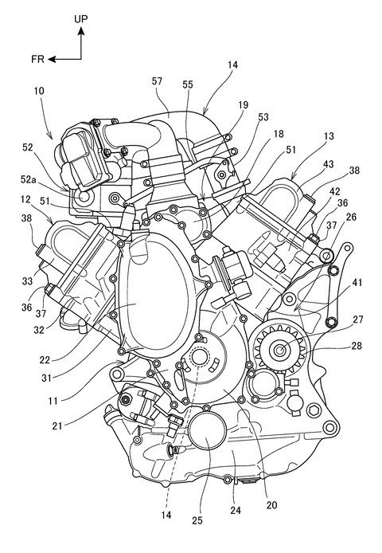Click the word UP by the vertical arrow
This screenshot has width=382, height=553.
(81, 19)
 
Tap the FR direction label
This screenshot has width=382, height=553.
(37, 59)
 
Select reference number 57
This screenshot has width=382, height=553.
(157, 81)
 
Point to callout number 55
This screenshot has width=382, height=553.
(188, 84)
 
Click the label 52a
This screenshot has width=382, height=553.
(28, 179)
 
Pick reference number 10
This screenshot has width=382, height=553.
(39, 91)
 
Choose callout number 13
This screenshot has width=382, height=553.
(329, 136)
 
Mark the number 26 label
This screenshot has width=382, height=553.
(351, 217)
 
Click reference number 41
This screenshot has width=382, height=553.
(357, 282)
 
